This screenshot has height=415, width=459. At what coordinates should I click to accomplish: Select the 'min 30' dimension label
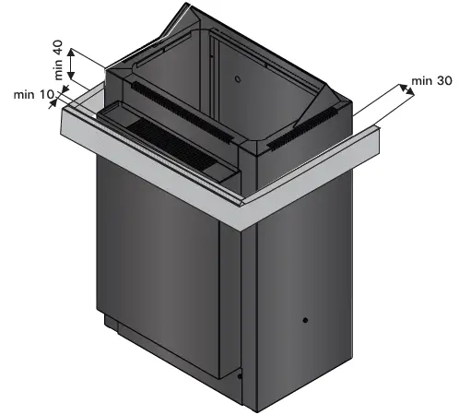coord(432,81)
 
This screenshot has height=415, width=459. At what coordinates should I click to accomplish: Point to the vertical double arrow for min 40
coord(73,67)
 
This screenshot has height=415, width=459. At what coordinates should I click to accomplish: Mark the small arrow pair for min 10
coord(60,93)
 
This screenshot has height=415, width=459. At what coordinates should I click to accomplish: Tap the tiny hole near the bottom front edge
coord(239,375)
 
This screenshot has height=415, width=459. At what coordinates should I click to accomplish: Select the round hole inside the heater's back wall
coord(236,80)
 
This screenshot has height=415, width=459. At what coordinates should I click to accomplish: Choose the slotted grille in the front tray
coord(175,137)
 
